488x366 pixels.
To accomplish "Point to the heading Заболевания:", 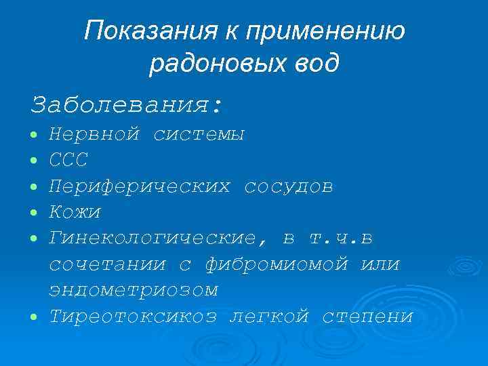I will (x=126, y=105).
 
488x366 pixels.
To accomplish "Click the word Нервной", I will (x=95, y=135).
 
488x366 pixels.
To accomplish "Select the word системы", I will (x=199, y=135).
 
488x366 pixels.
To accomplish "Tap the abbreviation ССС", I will (x=68, y=161).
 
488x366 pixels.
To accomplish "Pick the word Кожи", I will (x=75, y=212).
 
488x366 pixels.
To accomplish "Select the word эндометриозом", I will (x=134, y=289).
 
